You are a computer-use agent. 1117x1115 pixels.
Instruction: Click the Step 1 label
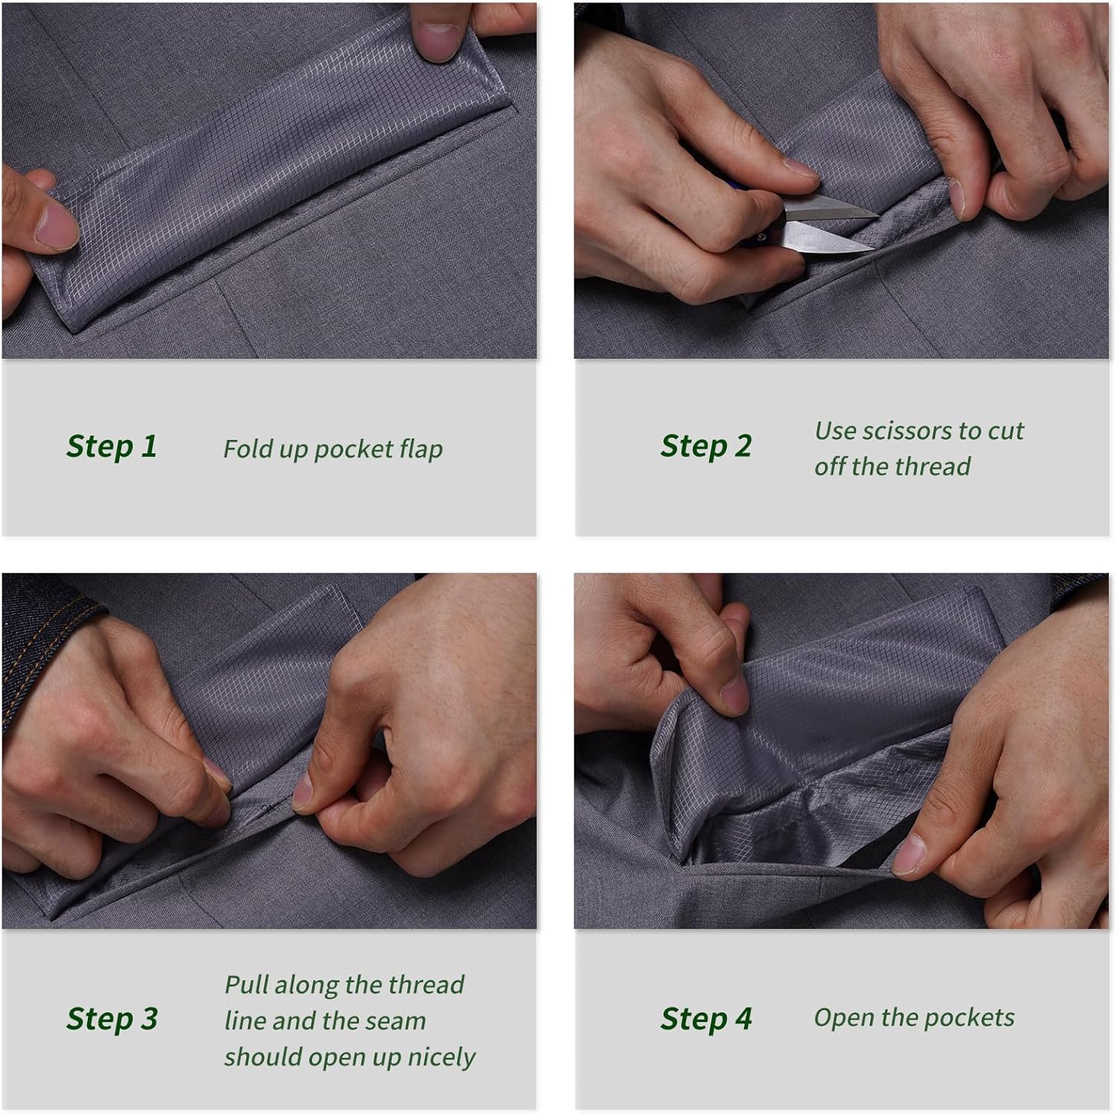pyautogui.click(x=112, y=447)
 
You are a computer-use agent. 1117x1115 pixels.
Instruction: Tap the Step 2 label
pyautogui.click(x=706, y=447)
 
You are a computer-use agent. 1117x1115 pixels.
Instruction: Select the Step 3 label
pyautogui.click(x=112, y=1019)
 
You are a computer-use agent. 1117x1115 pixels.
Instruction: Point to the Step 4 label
pyautogui.click(x=706, y=1019)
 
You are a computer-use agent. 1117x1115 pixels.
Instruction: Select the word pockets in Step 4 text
pyautogui.click(x=969, y=1017)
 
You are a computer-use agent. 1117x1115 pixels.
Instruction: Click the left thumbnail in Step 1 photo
pyautogui.click(x=56, y=225)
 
